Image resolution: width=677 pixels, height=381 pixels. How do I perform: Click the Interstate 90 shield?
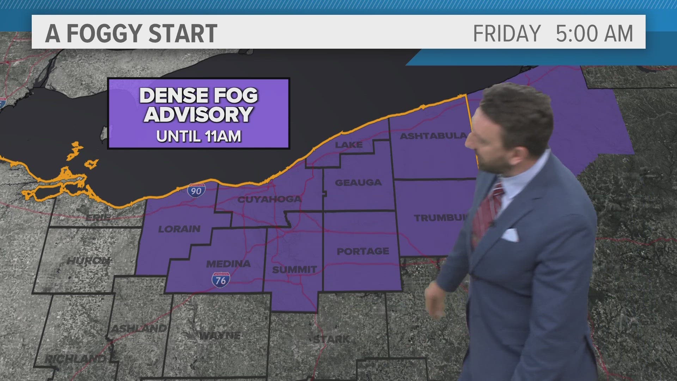click(x=196, y=190)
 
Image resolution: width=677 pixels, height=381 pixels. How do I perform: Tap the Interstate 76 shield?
click(x=221, y=280)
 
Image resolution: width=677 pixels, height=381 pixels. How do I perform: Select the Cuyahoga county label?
click(x=270, y=199)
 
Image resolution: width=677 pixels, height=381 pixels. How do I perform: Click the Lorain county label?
click(x=179, y=229)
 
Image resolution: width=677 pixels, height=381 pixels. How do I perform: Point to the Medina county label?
click(x=228, y=264)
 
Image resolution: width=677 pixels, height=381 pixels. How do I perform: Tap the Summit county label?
click(x=294, y=270)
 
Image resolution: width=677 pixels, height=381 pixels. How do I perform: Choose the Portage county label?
click(x=363, y=251)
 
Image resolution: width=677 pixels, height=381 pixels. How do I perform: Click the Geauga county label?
click(x=358, y=182)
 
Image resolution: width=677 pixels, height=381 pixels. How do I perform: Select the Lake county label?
click(x=348, y=145)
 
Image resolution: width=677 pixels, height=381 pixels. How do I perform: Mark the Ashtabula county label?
click(x=433, y=136)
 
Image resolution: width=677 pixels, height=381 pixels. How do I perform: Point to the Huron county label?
click(x=88, y=261)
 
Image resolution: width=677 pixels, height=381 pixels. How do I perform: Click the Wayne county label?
click(x=220, y=335)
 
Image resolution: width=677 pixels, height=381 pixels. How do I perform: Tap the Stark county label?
click(x=331, y=339)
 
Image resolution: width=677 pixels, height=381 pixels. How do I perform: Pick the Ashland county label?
click(x=139, y=328)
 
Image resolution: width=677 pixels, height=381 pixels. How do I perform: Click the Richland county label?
click(x=75, y=359)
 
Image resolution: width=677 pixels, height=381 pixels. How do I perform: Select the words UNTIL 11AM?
click(x=199, y=136)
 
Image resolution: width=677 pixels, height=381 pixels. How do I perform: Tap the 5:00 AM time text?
click(x=594, y=34)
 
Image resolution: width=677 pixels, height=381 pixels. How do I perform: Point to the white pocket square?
click(x=510, y=235)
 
